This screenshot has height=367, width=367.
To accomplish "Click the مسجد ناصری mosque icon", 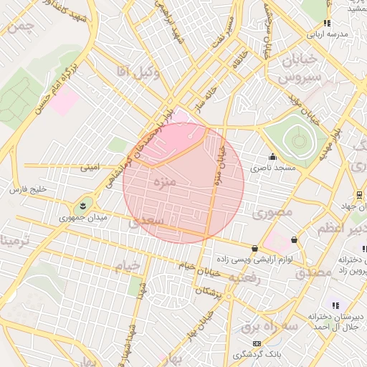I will pyautogui.click(x=272, y=157).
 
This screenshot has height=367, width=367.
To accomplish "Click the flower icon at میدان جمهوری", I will pyautogui.click(x=85, y=206).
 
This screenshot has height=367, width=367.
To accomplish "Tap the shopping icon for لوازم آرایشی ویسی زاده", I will pyautogui.click(x=256, y=248).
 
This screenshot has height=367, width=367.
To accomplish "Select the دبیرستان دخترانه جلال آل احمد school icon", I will pyautogui.click(x=335, y=305).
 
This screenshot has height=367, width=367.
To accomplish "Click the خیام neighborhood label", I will pyautogui.click(x=127, y=267).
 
